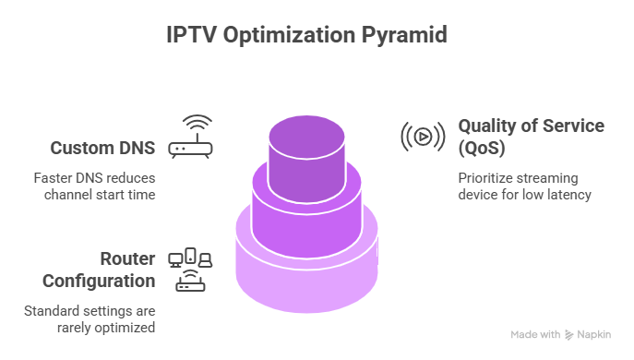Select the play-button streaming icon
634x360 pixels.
(421, 137)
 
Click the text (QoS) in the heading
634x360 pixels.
(482, 146)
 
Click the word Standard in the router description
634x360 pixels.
(51, 310)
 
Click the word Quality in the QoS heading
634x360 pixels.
(484, 126)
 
